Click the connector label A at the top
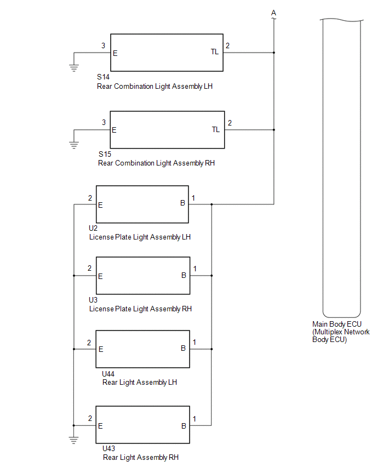pyautogui.click(x=273, y=13)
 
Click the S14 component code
pyautogui.click(x=103, y=77)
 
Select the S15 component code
pyautogui.click(x=105, y=154)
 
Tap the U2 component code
pyautogui.click(x=93, y=228)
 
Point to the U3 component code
pyautogui.click(x=93, y=300)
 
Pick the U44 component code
pyautogui.click(x=108, y=374)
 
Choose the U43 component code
pyautogui.click(x=108, y=448)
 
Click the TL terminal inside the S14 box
pyautogui.click(x=215, y=52)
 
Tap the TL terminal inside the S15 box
pyautogui.click(x=215, y=129)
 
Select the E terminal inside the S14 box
pyautogui.click(x=115, y=53)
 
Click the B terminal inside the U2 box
pyautogui.click(x=182, y=203)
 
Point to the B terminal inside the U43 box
pyautogui.click(x=184, y=426)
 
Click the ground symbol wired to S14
pyautogui.click(x=74, y=68)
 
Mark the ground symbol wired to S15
pyautogui.click(x=74, y=145)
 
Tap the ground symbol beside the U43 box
pyautogui.click(x=73, y=440)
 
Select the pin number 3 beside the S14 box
pyautogui.click(x=103, y=45)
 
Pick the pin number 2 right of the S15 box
pyautogui.click(x=230, y=123)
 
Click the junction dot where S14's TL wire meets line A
pyautogui.click(x=273, y=53)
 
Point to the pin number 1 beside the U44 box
pyautogui.click(x=194, y=342)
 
